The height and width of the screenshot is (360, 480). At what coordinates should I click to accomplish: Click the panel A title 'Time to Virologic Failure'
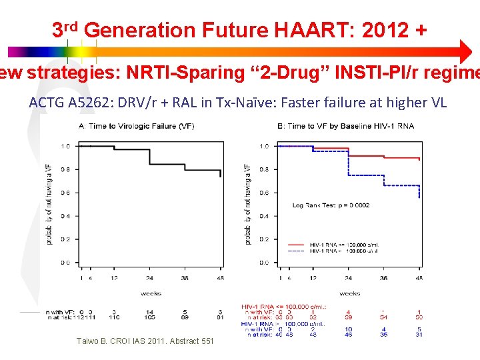(137, 127)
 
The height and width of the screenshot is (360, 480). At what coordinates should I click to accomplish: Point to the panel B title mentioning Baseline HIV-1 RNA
(345, 127)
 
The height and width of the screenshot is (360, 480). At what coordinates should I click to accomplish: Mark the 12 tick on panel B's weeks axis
(313, 278)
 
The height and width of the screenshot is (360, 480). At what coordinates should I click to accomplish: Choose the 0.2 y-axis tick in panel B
(265, 239)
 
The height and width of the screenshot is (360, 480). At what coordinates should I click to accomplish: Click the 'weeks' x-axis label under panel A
(151, 293)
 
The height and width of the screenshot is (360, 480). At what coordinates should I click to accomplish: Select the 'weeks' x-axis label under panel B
(349, 293)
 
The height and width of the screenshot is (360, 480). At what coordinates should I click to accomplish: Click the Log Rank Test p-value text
(331, 205)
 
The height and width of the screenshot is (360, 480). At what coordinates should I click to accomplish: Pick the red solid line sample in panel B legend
(298, 244)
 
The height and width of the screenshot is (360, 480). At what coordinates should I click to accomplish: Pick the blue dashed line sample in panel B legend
(298, 251)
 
